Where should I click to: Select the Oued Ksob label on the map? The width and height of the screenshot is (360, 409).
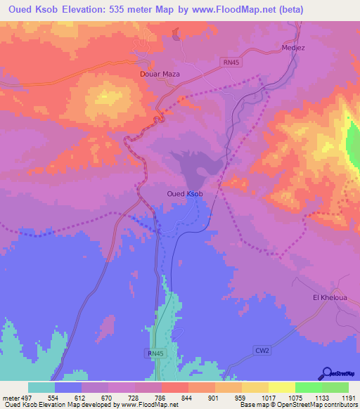pyautogui.click(x=186, y=194)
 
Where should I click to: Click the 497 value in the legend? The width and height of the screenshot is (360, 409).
pyautogui.click(x=25, y=398)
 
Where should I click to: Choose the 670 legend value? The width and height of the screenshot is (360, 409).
pyautogui.click(x=107, y=398)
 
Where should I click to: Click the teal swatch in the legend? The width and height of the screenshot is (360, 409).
pyautogui.click(x=41, y=387)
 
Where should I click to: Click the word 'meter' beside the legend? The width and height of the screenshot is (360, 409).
pyautogui.click(x=10, y=398)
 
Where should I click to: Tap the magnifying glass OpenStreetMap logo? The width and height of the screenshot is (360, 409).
pyautogui.click(x=327, y=373)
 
